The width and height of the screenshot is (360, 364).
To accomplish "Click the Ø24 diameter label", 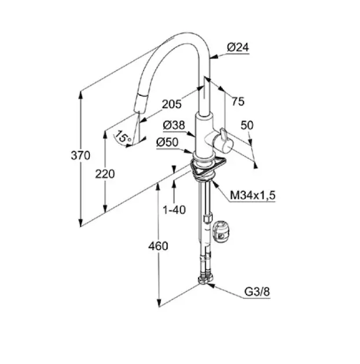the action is [x=237, y=47].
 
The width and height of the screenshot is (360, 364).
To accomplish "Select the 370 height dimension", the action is [x=80, y=155].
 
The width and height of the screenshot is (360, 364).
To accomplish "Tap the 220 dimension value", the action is [x=105, y=174].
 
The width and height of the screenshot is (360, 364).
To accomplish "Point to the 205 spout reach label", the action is [x=172, y=104].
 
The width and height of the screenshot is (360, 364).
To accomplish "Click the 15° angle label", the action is [x=123, y=136].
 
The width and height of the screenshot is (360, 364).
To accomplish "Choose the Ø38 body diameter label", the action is [x=174, y=126].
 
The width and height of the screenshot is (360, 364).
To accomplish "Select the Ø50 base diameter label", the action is [x=168, y=143].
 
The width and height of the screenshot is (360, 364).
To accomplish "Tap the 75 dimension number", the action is [x=239, y=101].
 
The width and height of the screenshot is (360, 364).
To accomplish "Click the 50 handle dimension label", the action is [x=247, y=126].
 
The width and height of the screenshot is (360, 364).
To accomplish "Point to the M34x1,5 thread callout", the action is [x=253, y=195].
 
